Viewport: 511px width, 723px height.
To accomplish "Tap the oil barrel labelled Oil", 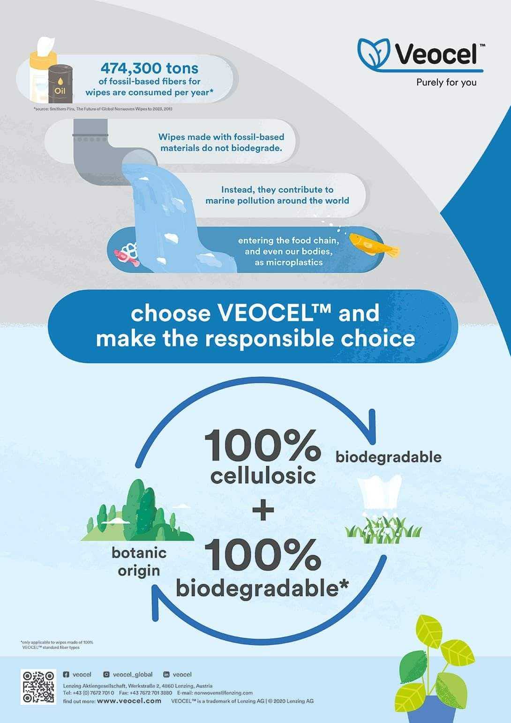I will tap(60, 84).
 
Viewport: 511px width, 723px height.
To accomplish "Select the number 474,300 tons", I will tap(150, 68).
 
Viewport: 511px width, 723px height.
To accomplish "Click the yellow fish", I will tap(374, 244).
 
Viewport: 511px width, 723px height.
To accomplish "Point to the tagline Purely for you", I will tap(446, 82).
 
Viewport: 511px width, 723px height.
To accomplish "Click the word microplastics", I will tap(288, 262).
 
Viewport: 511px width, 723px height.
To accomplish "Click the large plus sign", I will tap(263, 510).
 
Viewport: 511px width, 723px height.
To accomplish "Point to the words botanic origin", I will tap(139, 561).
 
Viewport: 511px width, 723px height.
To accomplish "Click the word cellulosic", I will tap(263, 476).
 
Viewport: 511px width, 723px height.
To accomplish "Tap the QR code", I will tap(38, 687).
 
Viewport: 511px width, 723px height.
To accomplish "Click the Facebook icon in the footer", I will tap(66, 674).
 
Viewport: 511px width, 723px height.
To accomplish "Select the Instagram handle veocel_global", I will tap(133, 674).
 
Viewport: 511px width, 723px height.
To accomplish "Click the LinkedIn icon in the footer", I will tap(166, 674).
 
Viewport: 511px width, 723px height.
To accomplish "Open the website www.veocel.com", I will tap(129, 701).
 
